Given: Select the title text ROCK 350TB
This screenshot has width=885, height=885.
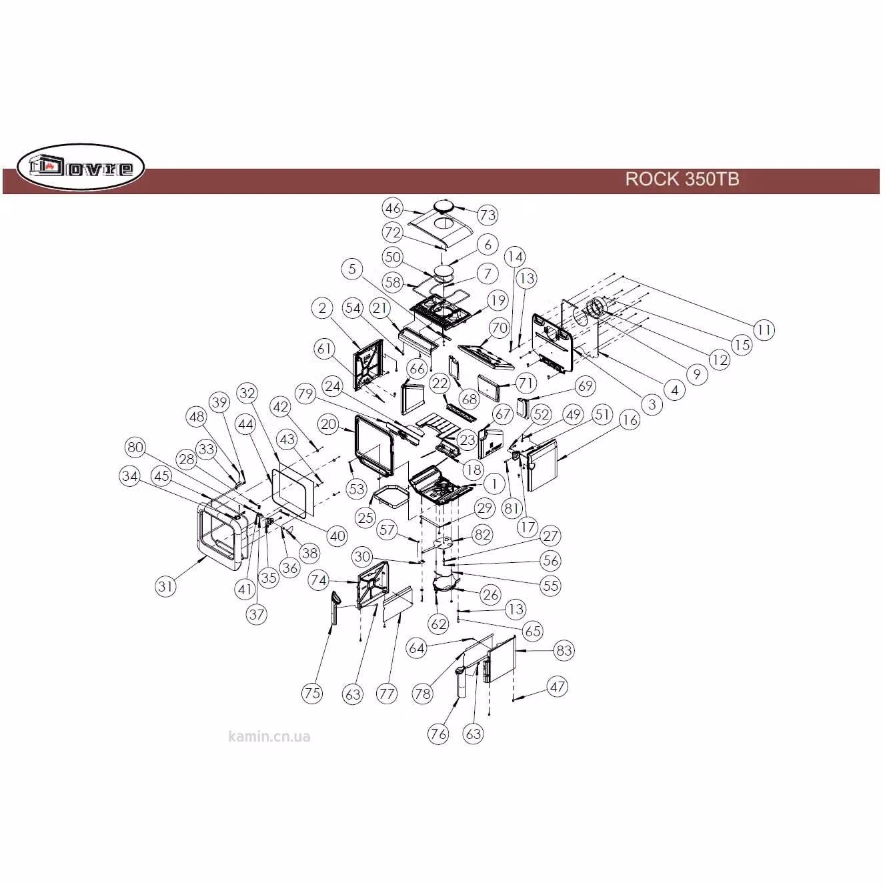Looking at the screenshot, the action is click(682, 179).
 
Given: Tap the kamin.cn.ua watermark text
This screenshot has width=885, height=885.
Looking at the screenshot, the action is click(269, 737).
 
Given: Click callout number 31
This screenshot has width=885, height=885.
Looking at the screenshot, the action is click(165, 586).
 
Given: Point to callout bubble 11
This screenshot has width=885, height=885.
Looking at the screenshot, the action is click(764, 329).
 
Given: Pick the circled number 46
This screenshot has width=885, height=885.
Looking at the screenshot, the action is click(393, 208).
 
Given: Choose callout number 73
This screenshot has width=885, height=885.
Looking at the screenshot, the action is click(488, 215).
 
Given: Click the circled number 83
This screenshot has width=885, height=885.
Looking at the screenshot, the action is click(564, 650).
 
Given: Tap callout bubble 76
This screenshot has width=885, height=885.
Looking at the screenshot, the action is click(438, 734).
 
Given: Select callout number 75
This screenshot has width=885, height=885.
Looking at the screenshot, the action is click(312, 693).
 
